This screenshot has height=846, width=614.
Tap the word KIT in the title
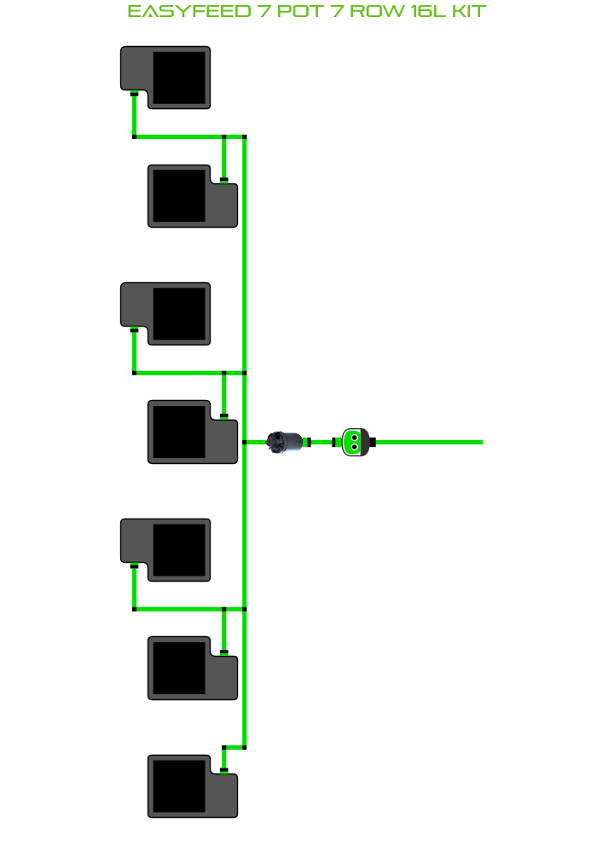tap(467, 11)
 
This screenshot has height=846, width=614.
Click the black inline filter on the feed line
tap(285, 442)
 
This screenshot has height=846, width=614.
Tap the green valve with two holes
tap(354, 442)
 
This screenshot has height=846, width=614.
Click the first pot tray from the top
tap(165, 78)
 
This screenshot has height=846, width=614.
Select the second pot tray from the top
tap(193, 196)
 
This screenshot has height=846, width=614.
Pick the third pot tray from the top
tap(165, 314)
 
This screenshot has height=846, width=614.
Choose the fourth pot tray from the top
tap(193, 432)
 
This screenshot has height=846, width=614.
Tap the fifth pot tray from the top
tap(165, 550)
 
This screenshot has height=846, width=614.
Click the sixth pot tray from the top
tap(193, 668)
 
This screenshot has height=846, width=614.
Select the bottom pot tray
tap(193, 786)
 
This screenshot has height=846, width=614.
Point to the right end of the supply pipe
tap(480, 442)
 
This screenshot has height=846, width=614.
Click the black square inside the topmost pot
tap(179, 78)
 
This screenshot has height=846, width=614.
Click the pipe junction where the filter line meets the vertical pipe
tap(245, 442)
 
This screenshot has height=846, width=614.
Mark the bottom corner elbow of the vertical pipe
tap(245, 747)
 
